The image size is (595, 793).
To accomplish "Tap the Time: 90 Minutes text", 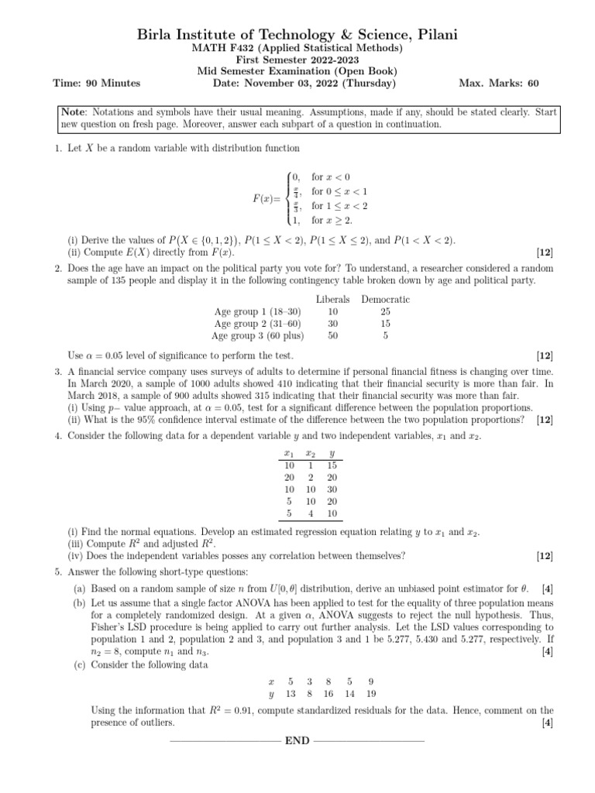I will click(96, 83).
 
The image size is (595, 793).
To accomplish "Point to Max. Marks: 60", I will click(499, 83).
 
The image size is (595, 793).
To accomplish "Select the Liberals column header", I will click(333, 299).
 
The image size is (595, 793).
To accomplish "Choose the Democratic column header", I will click(385, 299).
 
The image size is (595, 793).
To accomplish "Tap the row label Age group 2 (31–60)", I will click(258, 324).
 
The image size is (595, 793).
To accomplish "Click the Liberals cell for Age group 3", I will click(333, 336).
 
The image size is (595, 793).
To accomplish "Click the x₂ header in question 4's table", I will click(310, 454).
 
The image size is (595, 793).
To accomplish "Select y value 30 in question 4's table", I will click(332, 489).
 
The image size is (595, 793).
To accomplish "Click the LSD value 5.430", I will click(447, 630).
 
